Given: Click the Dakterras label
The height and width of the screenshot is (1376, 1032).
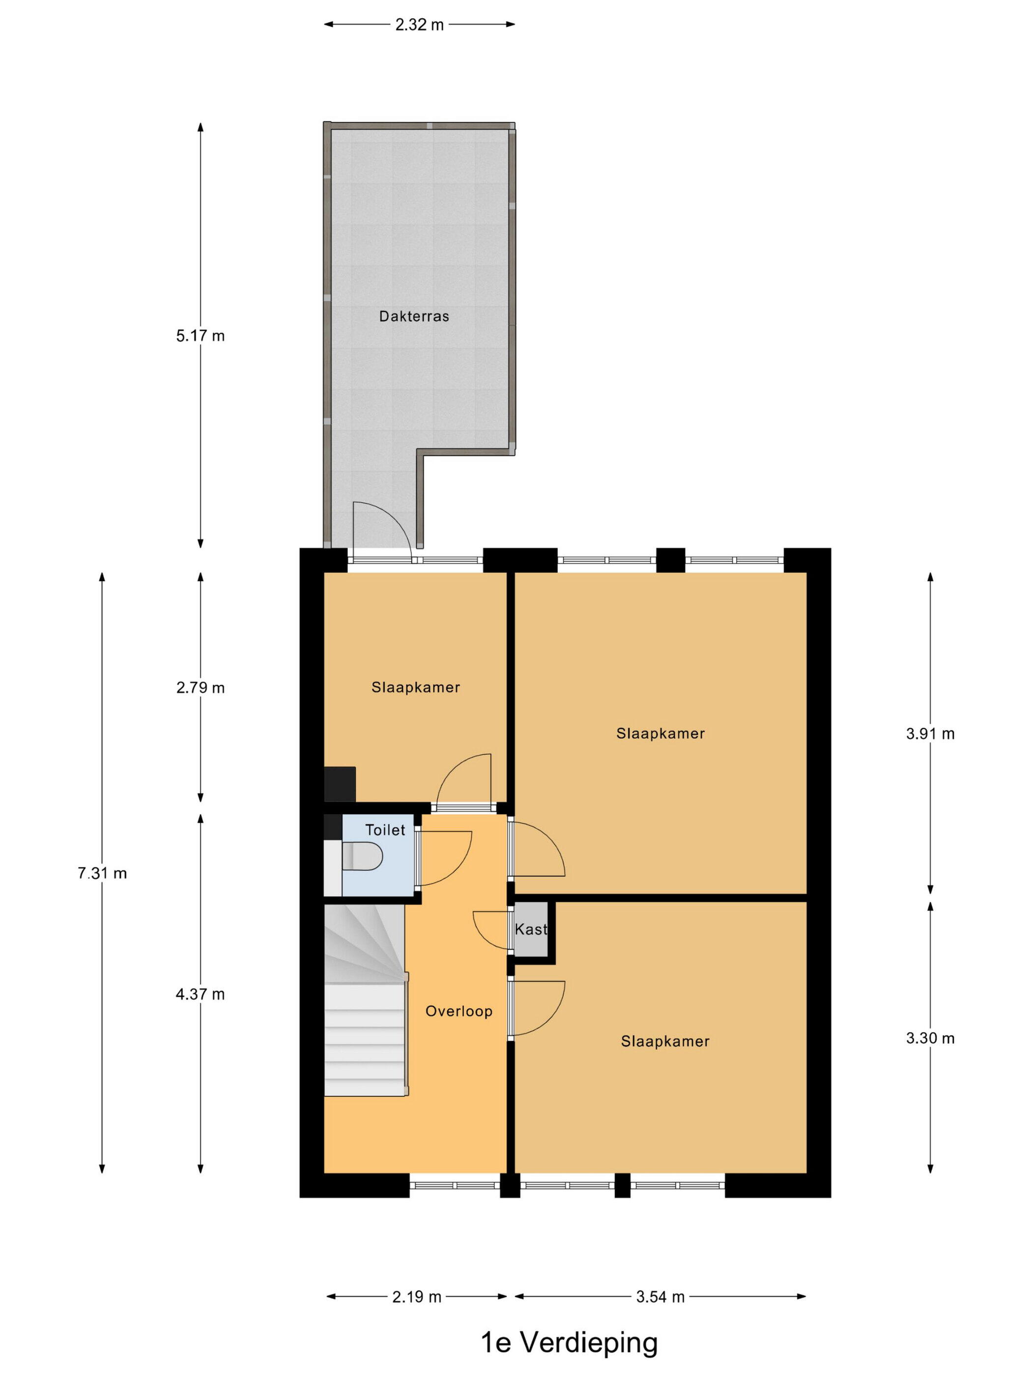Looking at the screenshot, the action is point(414,316).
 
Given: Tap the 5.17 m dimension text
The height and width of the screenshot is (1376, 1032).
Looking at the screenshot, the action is point(201,336).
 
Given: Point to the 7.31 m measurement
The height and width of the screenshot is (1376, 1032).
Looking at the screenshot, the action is point(102,873).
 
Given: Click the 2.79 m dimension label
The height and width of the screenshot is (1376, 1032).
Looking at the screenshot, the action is point(201,688).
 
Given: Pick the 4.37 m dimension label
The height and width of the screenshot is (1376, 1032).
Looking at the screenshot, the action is point(201,994).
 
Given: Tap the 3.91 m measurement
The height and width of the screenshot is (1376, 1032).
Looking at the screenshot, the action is point(930,733).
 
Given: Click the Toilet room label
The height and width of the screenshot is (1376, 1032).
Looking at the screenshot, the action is point(385,830).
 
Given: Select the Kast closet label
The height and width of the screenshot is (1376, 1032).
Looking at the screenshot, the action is point(531,929).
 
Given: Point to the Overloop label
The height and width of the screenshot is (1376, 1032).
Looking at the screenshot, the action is point(459,1011).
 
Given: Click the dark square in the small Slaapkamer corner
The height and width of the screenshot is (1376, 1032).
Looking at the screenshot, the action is point(340,784).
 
